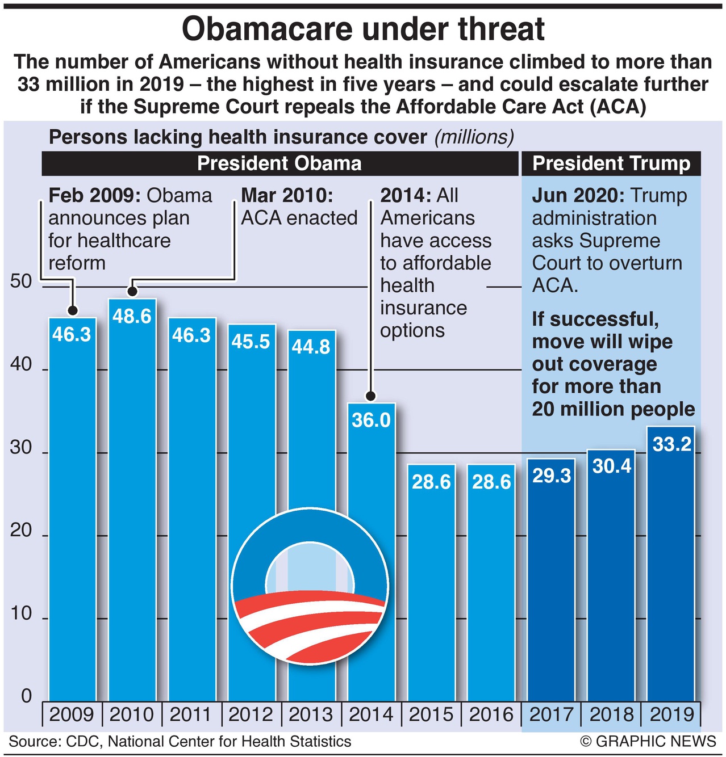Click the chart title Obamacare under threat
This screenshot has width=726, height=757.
[x=363, y=30]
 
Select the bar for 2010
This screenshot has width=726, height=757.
[x=132, y=499]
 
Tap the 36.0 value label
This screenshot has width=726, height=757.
[x=371, y=420]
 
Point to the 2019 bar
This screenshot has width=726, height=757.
[x=671, y=567]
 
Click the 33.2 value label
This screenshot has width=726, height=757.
[x=671, y=444]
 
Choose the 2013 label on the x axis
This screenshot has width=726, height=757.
[x=311, y=714]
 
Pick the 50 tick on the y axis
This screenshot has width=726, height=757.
[x=21, y=281]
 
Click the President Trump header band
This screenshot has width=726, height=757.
[x=611, y=163]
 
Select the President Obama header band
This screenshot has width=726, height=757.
[x=279, y=163]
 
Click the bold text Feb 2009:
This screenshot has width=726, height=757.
[x=94, y=196]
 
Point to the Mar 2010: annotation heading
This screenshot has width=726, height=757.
[x=287, y=196]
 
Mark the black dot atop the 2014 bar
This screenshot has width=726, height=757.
[x=371, y=396]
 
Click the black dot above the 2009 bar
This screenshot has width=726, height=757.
[x=72, y=310]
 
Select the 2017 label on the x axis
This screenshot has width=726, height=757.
[x=551, y=714]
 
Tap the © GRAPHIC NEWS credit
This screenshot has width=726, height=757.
[x=648, y=742]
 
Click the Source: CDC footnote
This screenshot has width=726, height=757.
[x=180, y=742]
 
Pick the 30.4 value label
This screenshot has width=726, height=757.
[x=612, y=466]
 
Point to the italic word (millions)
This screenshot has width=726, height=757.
[x=474, y=137]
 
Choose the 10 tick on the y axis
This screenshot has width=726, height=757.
[x=21, y=613]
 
